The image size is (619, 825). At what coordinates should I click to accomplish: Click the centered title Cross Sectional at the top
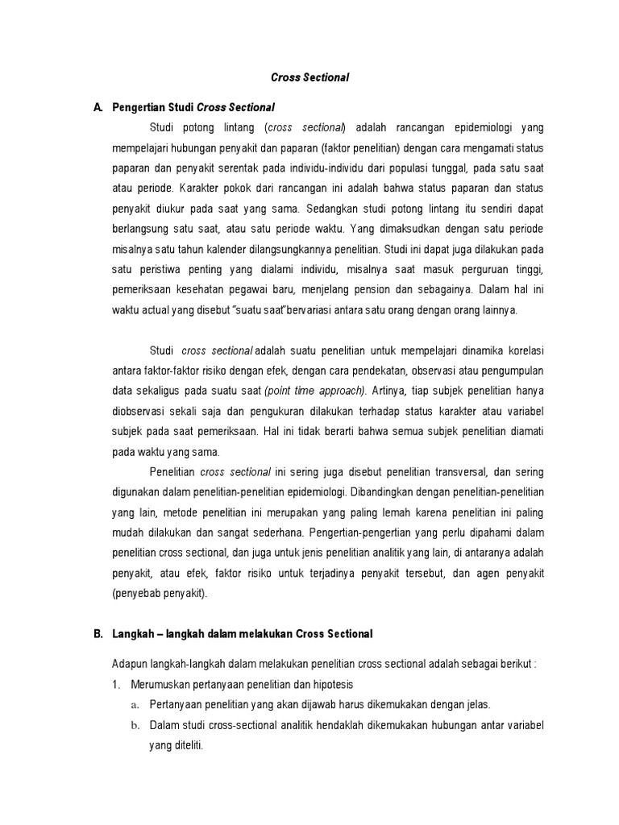pyautogui.click(x=309, y=77)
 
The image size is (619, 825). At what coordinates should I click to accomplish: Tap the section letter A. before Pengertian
pyautogui.click(x=98, y=106)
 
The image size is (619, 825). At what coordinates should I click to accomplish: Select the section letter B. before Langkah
pyautogui.click(x=98, y=634)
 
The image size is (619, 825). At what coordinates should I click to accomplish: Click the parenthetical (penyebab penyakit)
pyautogui.click(x=160, y=594)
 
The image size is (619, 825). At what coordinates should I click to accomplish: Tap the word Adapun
pyautogui.click(x=130, y=663)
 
